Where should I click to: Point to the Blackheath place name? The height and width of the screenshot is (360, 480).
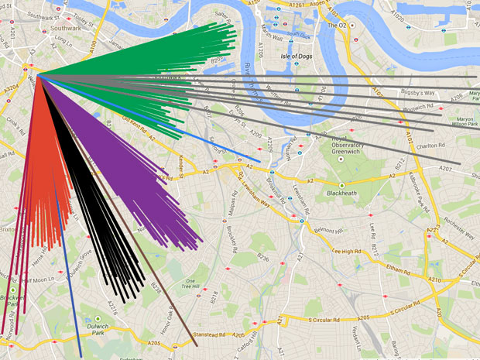[x=341, y=193]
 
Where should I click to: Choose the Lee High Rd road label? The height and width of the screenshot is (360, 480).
[x=348, y=250]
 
